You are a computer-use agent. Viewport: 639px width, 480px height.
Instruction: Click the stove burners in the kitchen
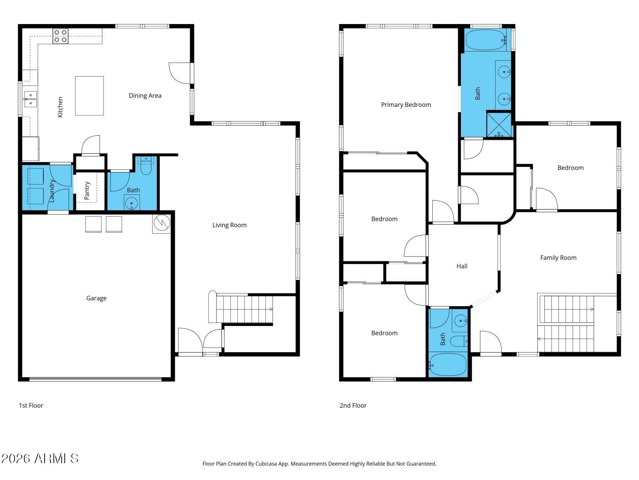[60, 36]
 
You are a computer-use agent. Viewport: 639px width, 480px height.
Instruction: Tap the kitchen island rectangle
[89, 96]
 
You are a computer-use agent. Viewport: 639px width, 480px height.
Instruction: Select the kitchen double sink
[31, 99]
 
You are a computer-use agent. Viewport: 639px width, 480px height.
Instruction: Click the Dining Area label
[145, 96]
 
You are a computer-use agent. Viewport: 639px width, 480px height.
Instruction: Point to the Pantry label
[87, 190]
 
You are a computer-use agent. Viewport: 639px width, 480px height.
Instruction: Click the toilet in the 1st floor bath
[146, 166]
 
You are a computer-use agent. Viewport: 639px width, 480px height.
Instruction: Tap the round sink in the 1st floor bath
[131, 204]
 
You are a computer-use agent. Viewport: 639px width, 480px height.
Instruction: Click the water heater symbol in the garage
[162, 223]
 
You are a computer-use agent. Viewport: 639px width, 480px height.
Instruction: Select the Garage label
[96, 298]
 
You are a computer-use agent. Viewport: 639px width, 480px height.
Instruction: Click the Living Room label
[229, 225]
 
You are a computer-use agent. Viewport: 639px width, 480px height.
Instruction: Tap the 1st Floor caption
[31, 405]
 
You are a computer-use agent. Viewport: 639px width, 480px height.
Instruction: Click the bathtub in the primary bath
[486, 40]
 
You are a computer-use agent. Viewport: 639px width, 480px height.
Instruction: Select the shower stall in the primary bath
[499, 124]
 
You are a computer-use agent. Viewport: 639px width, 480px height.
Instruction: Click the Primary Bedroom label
[406, 105]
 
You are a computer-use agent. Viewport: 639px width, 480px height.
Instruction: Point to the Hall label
[462, 266]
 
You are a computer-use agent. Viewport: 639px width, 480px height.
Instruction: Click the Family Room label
[558, 258]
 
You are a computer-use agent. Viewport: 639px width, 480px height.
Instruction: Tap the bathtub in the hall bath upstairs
[448, 364]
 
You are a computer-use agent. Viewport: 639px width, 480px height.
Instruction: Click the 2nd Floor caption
[353, 405]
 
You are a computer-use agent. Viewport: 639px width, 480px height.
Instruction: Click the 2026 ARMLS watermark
[40, 458]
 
